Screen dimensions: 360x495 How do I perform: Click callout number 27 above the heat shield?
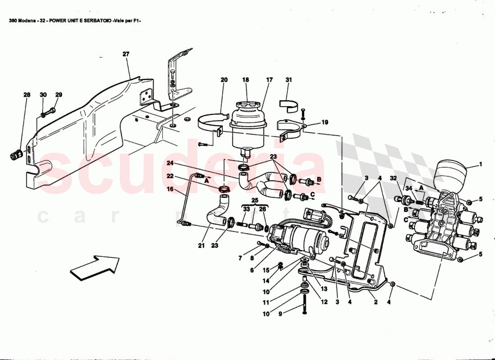click(126, 54)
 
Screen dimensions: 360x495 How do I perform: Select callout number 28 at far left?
click(27, 95)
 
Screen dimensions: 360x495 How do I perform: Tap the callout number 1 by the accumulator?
click(481, 164)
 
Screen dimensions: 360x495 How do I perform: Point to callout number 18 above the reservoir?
click(245, 80)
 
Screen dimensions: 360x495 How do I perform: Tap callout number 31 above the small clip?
click(288, 80)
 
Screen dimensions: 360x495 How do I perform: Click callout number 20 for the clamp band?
click(224, 80)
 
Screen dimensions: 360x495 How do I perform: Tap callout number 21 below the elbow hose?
click(201, 246)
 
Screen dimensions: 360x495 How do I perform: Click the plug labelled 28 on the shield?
click(16, 156)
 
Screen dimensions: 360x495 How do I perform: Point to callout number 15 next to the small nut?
click(265, 270)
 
